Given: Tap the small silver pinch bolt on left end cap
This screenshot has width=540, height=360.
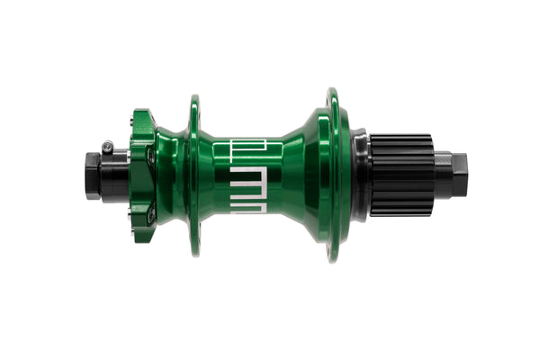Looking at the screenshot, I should (108, 144).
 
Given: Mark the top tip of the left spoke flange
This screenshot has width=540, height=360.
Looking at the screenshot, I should (193, 97).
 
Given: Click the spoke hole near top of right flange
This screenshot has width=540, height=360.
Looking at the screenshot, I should (333, 100).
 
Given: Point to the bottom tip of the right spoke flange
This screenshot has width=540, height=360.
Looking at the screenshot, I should (334, 259).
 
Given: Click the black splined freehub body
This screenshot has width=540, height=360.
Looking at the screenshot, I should (401, 175).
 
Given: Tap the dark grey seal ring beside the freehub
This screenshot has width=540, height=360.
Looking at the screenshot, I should (359, 175).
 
